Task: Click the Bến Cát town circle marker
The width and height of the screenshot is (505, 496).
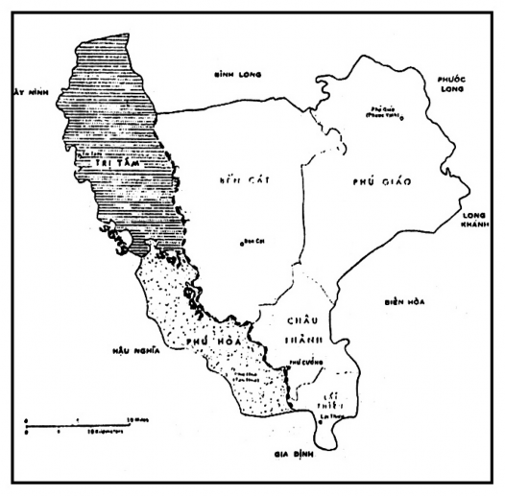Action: click(x=242, y=242)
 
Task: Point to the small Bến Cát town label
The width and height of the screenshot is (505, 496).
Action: click(x=254, y=239)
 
